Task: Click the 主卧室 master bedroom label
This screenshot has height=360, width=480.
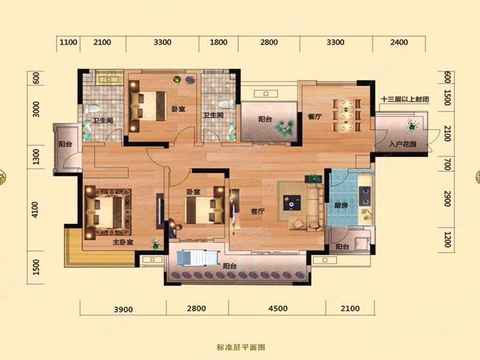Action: point(122,243)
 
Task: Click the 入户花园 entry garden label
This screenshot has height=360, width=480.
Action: point(402,144)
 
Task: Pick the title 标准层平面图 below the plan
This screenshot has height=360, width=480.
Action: point(240,347)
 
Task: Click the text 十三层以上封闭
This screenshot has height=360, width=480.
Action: point(404,99)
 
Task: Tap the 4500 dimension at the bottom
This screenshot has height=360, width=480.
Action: point(277,308)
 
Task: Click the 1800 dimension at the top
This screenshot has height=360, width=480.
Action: point(219,42)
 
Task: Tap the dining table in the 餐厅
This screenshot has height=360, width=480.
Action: point(347,114)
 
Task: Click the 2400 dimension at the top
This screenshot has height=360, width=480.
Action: point(398,42)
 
